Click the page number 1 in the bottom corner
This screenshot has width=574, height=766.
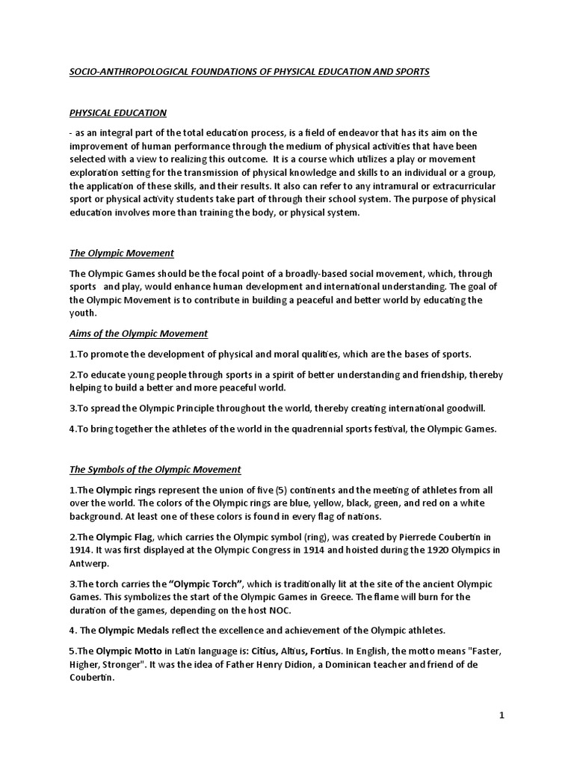(502, 715)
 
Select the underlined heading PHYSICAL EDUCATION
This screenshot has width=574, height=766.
(118, 113)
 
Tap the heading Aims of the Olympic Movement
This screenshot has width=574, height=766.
(139, 333)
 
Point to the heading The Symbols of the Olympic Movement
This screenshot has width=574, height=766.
(155, 470)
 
